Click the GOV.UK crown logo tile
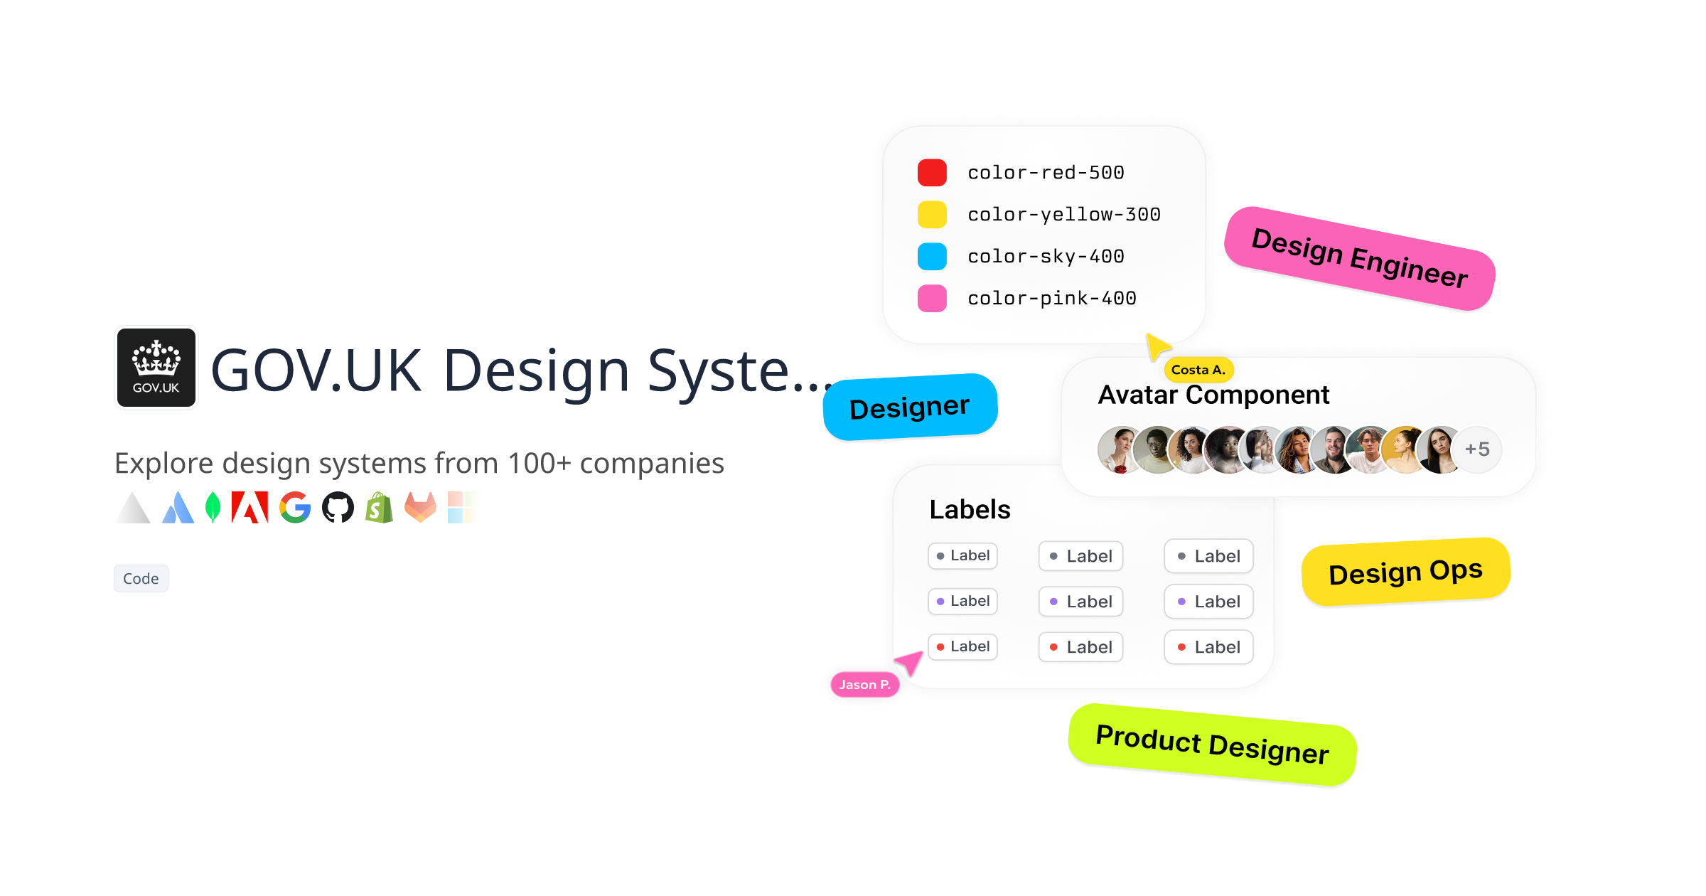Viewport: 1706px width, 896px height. point(156,368)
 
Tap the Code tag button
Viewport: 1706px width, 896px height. point(141,579)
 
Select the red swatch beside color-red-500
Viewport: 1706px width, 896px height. point(932,173)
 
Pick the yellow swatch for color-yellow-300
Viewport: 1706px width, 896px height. point(932,215)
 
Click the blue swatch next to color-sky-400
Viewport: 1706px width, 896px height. point(932,257)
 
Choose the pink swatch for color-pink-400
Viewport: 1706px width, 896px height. point(932,299)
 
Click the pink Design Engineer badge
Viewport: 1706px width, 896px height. point(1360,259)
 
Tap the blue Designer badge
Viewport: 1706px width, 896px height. point(910,407)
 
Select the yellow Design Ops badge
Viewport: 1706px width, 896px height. point(1405,572)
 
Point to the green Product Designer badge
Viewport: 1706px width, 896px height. point(1212,745)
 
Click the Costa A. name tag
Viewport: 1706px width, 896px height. point(1198,370)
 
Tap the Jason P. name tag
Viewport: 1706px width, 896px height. point(864,685)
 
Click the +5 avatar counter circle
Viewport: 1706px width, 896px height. point(1477,449)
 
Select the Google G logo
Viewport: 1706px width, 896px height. point(295,508)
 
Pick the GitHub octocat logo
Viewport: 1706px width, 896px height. point(338,508)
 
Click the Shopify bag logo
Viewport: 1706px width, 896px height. point(380,508)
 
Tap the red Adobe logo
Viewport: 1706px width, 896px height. point(250,508)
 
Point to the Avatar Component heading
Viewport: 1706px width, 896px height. point(1213,395)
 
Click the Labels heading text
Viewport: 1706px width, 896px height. point(970,510)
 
